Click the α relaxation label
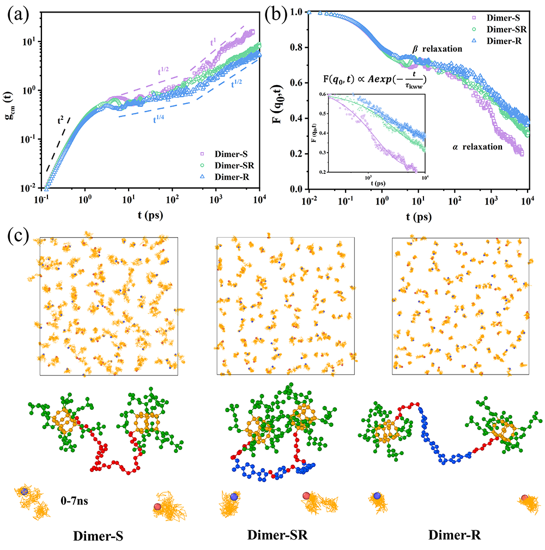point(477,147)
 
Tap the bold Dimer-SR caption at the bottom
point(278,536)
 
